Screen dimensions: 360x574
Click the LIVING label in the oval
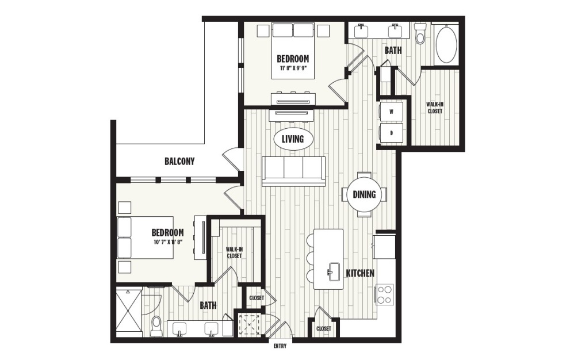[x=293, y=139]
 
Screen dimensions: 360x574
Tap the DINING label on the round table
[x=364, y=194]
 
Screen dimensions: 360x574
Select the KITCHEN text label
[x=360, y=273]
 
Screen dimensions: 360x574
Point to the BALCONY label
[x=179, y=162]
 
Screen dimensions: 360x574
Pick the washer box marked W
[x=392, y=112]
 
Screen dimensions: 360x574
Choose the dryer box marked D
[x=392, y=133]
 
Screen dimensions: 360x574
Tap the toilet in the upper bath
[x=420, y=35]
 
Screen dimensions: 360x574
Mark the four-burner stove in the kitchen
[x=384, y=294]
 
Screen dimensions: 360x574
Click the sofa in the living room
[x=293, y=171]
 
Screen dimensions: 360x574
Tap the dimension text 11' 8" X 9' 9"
[x=293, y=68]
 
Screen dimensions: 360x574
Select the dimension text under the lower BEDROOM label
[x=167, y=242]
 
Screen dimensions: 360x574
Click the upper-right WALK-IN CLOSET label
[x=434, y=108]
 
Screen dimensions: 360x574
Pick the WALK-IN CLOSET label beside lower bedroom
[x=234, y=252]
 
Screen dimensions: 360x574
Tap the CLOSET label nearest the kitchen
[x=324, y=328]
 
